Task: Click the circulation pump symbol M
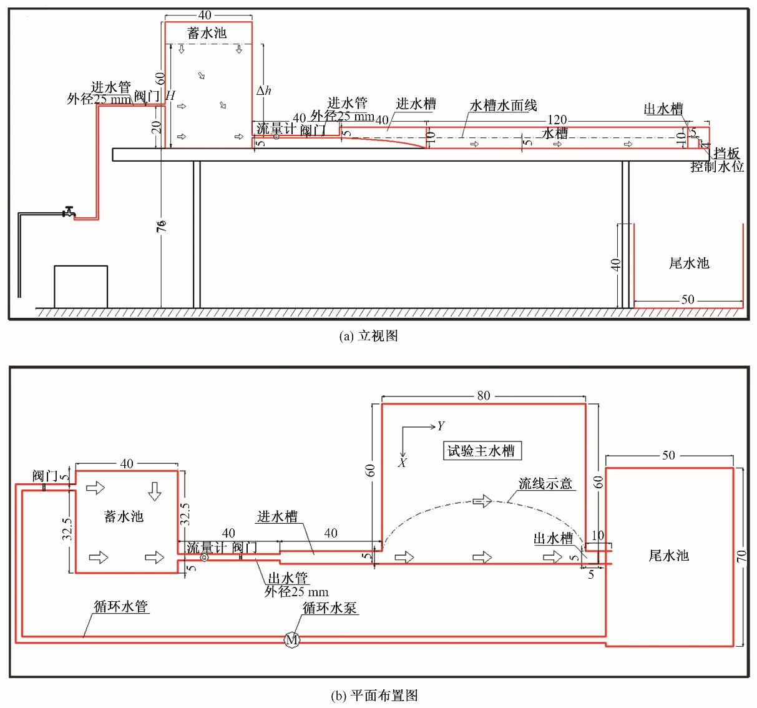(x=291, y=639)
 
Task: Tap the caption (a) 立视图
(x=368, y=336)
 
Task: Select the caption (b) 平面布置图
(x=373, y=695)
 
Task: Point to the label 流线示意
(x=545, y=483)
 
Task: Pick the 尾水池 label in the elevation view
(x=689, y=263)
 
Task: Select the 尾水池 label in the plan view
(x=669, y=555)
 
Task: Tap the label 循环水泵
(x=330, y=607)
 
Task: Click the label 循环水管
(x=121, y=606)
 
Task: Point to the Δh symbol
(x=264, y=91)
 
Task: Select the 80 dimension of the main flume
(x=483, y=395)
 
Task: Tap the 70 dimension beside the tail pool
(x=742, y=556)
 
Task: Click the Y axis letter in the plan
(x=441, y=426)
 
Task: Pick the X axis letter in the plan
(x=403, y=463)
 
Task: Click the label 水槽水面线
(x=503, y=106)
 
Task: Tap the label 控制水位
(x=717, y=167)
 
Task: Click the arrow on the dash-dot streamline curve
(x=482, y=501)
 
